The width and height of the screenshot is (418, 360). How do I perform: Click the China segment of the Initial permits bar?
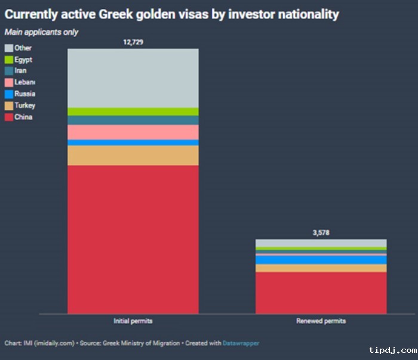click(x=133, y=239)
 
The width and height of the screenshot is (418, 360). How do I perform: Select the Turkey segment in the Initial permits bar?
click(x=133, y=155)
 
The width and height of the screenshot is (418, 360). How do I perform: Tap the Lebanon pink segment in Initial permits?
click(x=133, y=132)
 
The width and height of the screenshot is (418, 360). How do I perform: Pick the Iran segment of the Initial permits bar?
click(x=133, y=120)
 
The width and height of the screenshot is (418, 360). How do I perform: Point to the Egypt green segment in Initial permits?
click(x=133, y=112)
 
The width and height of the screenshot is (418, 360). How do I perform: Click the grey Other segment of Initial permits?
click(x=133, y=78)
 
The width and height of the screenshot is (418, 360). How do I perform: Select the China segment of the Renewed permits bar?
click(x=321, y=293)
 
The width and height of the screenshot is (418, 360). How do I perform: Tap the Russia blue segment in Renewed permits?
click(x=321, y=260)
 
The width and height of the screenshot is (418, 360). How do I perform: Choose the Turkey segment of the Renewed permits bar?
click(x=321, y=268)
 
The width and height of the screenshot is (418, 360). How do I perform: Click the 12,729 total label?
click(x=133, y=42)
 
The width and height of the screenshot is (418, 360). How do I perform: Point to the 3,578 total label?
click(x=321, y=233)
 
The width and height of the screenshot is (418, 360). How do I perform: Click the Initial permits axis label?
click(x=133, y=321)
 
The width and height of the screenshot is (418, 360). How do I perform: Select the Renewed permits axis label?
click(x=321, y=321)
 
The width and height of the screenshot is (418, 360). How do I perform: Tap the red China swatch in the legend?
click(x=9, y=117)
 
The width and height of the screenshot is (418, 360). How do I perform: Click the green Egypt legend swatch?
click(x=9, y=60)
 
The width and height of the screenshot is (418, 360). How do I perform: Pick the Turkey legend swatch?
click(x=9, y=106)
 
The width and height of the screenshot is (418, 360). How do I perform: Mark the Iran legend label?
click(x=20, y=71)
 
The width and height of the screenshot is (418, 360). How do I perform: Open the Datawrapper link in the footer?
click(x=241, y=343)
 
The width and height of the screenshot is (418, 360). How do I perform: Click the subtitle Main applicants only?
click(x=41, y=32)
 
